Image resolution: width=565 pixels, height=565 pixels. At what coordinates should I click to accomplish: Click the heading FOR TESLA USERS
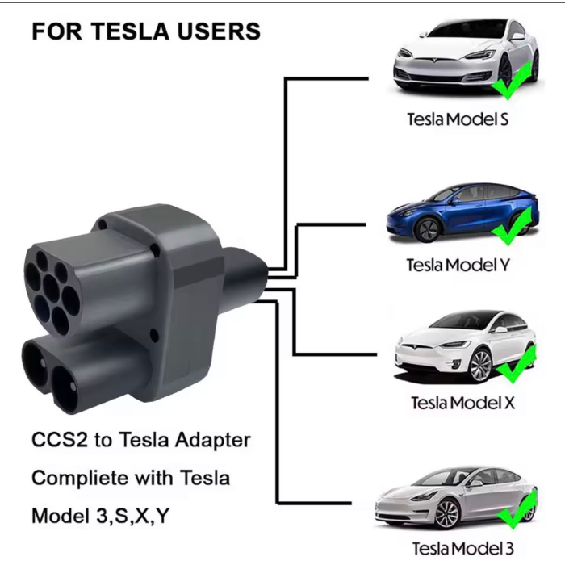pos(146,31)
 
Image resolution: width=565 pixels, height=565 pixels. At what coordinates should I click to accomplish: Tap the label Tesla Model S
pos(458,119)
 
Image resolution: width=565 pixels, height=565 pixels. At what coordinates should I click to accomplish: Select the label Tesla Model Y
pos(458,266)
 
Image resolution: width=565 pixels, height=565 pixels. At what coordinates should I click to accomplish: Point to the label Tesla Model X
pos(463,403)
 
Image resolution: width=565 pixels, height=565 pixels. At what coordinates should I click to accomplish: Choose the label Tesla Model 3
pos(463,548)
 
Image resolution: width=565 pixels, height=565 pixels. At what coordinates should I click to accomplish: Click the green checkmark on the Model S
pos(512,81)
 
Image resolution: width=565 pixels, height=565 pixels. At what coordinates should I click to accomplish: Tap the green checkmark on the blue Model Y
pos(513,226)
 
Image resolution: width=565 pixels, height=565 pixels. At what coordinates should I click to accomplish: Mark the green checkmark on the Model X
pos(516,364)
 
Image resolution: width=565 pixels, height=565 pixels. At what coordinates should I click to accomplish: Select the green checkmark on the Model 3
pos(517,510)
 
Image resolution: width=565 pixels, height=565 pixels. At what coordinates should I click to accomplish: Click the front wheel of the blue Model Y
pos(427,229)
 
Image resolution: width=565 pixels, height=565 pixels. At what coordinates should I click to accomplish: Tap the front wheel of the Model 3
pos(448,515)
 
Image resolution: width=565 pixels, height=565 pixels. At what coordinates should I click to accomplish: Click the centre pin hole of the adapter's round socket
pos(51,289)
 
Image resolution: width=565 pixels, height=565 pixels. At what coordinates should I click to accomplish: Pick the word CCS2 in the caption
pos(60,440)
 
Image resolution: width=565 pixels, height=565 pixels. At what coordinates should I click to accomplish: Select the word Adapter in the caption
pos(212,441)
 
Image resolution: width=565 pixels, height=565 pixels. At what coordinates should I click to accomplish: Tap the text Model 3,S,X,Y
pos(100,516)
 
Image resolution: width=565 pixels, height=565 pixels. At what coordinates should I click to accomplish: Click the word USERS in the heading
pos(219,31)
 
